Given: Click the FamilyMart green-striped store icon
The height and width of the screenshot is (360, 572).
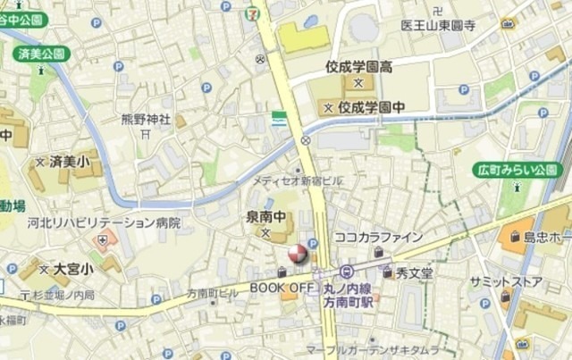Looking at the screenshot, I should point(280,117).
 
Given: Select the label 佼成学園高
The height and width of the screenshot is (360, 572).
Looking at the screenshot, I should point(359,67).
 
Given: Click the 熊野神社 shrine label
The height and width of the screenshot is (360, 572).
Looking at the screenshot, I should point(146,119).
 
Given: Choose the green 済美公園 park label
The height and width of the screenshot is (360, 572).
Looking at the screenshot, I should point(40,54).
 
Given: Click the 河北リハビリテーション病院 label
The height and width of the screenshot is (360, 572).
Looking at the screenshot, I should point(104,222).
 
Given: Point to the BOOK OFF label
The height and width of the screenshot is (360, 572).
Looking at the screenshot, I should point(282,287).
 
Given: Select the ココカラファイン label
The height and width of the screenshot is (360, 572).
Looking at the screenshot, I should point(378,237).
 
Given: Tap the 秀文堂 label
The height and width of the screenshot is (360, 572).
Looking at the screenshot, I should point(415,272).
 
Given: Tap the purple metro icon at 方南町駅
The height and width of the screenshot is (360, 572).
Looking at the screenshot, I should point(347,272).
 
